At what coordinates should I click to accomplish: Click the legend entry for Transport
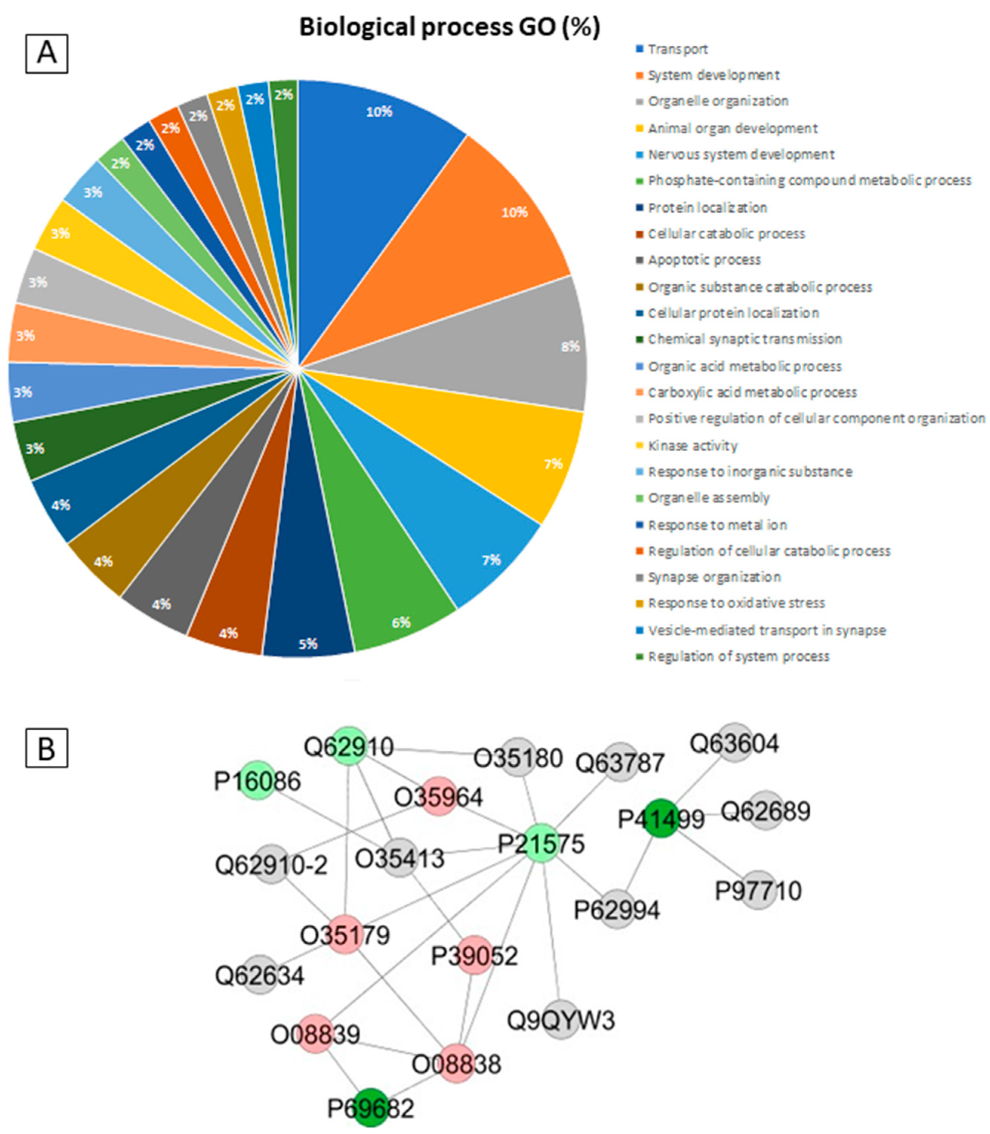pos(677,49)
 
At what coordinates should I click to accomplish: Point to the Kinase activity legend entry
pos(692,446)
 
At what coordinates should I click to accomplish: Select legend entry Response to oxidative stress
pos(736,603)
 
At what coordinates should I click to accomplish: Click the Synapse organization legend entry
pos(714,577)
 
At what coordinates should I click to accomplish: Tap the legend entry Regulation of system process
pos(738,657)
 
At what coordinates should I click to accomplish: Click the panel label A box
pos(47,54)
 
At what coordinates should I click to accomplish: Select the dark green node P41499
pos(661,818)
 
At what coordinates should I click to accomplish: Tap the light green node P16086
pos(259,781)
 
